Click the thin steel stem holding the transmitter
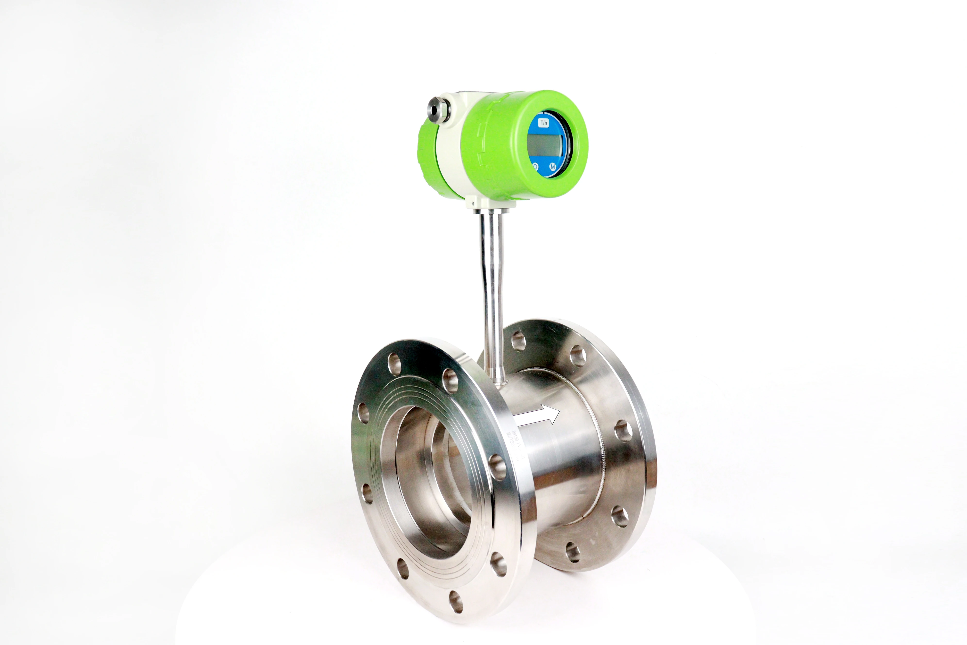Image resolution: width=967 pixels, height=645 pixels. (492, 288)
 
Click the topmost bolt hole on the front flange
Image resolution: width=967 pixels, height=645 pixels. (395, 364)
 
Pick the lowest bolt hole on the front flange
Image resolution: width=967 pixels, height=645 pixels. (456, 601)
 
